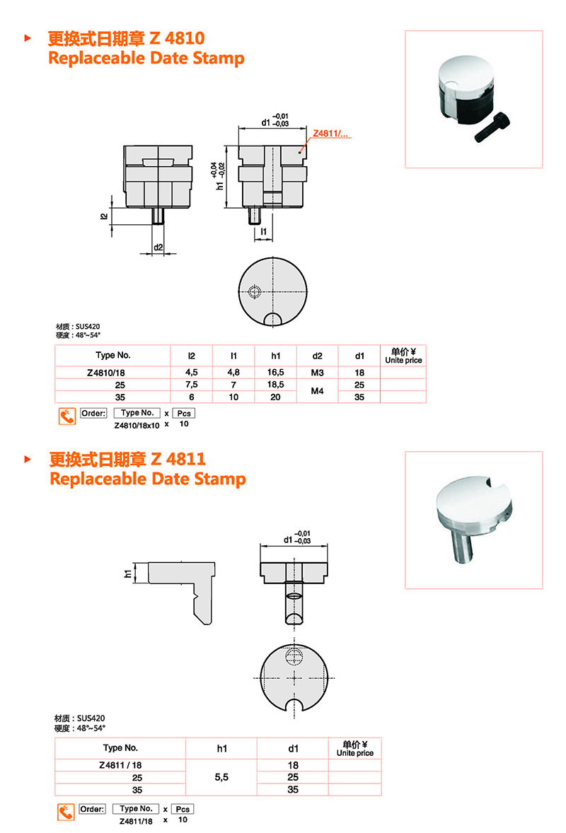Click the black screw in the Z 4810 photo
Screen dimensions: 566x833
click(492, 127)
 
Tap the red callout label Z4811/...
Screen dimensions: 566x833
click(330, 134)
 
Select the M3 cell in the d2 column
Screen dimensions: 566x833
click(317, 373)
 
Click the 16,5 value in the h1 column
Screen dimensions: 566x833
click(275, 373)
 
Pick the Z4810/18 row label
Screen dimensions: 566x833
click(105, 373)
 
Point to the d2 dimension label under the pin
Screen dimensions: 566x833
click(158, 247)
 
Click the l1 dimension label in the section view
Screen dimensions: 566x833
click(264, 232)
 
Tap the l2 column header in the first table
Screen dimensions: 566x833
click(191, 356)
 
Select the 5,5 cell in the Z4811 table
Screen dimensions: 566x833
click(221, 777)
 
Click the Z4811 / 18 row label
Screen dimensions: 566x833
click(121, 765)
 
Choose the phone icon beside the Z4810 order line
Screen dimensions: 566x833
click(67, 416)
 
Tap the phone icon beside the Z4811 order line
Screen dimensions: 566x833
click(66, 812)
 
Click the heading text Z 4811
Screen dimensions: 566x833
click(178, 459)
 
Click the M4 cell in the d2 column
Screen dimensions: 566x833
click(317, 391)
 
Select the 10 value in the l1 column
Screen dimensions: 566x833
click(233, 397)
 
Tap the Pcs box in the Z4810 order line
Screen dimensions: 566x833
click(184, 413)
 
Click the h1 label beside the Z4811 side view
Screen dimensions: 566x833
click(127, 573)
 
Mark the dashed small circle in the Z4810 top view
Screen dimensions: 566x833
click(255, 291)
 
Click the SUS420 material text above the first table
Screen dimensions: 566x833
click(88, 326)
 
